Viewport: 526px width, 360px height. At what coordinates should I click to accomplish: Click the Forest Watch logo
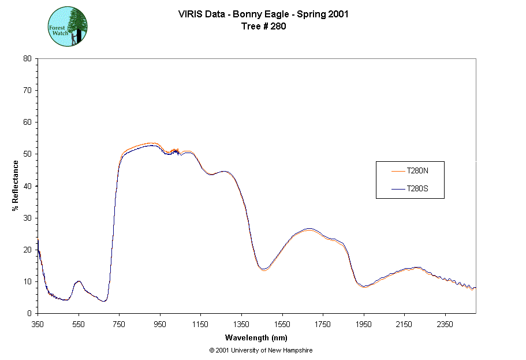point(68,27)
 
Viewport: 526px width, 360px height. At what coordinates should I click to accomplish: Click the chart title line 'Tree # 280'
point(263,26)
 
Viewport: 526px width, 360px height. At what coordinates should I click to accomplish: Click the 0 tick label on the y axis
point(29,313)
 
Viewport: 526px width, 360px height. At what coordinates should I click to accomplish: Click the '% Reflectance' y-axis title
point(16,185)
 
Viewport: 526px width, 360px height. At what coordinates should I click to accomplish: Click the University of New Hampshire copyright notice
point(261,350)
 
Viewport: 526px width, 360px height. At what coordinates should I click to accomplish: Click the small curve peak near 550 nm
point(79,281)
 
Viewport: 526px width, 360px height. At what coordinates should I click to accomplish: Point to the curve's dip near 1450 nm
point(263,269)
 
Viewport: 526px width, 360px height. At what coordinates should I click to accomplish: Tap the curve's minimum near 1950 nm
point(364,287)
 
